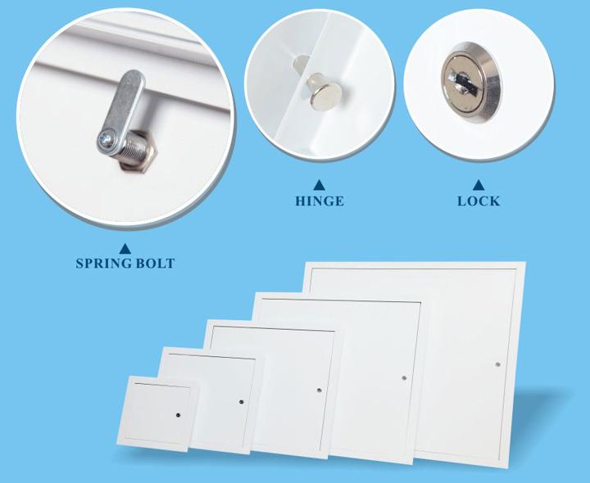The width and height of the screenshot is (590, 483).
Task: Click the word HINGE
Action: point(319,201)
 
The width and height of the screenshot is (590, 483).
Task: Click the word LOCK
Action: point(479,201)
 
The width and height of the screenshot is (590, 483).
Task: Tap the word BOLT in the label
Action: point(155,263)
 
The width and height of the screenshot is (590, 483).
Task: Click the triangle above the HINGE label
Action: point(319,185)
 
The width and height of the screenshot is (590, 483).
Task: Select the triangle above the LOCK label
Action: point(479,185)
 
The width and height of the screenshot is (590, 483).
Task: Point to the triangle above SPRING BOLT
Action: point(125,248)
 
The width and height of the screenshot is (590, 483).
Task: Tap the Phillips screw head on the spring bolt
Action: point(105,141)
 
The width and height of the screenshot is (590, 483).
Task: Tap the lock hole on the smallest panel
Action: point(178,415)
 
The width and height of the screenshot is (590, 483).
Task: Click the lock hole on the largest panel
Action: point(498,364)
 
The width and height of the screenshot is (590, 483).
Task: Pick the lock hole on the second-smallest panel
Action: point(241,402)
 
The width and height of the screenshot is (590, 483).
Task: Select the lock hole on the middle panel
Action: point(319,390)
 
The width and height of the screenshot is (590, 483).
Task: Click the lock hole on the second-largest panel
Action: point(404,377)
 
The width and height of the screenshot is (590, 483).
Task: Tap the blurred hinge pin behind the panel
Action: point(300,62)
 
